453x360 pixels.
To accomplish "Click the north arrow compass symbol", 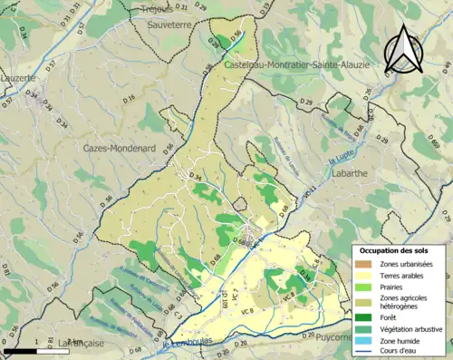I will click(404, 49).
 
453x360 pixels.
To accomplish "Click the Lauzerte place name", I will click(17, 78).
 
